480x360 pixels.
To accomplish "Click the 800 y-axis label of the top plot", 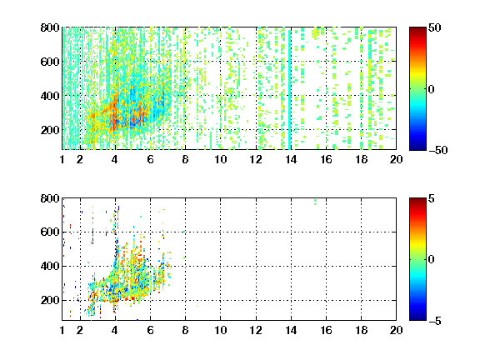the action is (x=50, y=27).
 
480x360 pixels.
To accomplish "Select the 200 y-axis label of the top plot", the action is (x=50, y=130).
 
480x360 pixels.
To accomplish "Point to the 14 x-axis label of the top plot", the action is (x=291, y=159).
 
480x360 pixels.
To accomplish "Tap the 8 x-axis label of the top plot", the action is (x=185, y=159).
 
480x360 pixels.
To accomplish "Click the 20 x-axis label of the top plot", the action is (x=396, y=159).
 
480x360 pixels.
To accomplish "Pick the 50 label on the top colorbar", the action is (x=434, y=27).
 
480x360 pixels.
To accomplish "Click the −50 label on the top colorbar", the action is (x=437, y=150).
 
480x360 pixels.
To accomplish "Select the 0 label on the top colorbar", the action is (x=431, y=89).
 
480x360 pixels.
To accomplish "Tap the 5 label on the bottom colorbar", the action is (x=432, y=198).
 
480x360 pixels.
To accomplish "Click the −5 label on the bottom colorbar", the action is (x=435, y=321).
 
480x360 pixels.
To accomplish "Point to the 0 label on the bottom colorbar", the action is (x=431, y=260).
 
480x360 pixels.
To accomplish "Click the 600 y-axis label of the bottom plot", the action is (x=50, y=232).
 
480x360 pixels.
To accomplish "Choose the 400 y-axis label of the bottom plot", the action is (x=50, y=266).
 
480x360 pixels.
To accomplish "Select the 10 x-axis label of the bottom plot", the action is (x=220, y=330).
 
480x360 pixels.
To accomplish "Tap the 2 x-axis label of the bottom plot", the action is (x=80, y=330).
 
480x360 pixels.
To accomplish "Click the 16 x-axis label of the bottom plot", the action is (x=326, y=330).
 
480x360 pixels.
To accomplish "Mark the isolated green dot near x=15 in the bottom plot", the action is (x=315, y=202).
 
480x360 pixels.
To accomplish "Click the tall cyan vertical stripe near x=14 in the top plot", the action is (x=290, y=89).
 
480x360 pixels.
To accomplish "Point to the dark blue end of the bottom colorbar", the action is (x=417, y=317).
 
